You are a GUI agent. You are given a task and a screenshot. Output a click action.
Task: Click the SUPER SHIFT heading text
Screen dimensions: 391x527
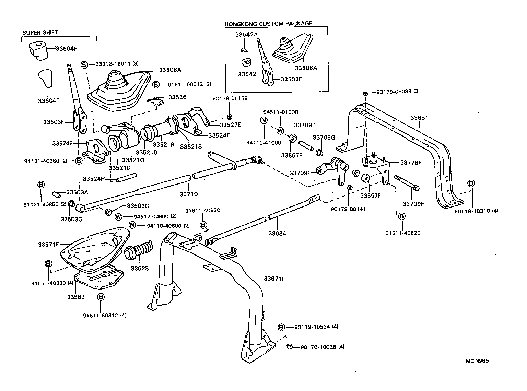(x=40, y=33)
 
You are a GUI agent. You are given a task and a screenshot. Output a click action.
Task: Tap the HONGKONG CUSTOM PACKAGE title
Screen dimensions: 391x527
(x=268, y=24)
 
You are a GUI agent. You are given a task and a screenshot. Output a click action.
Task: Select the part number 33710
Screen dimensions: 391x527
(x=188, y=194)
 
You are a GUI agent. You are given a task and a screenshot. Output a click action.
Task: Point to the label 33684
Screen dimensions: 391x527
(x=277, y=234)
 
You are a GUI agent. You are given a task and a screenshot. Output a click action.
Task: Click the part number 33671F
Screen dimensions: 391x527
(x=274, y=279)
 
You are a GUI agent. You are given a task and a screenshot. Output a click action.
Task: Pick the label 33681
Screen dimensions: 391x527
(x=419, y=117)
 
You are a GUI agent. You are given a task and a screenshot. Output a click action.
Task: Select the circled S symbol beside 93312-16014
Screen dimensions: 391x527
(x=84, y=64)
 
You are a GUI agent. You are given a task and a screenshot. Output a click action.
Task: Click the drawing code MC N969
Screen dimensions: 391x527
(x=477, y=361)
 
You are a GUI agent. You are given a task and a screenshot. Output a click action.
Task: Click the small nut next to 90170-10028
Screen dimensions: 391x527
(x=289, y=347)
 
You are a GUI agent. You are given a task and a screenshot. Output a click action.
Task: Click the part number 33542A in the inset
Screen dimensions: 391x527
(x=246, y=35)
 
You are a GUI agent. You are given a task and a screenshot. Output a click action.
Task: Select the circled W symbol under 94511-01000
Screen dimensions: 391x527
(x=280, y=130)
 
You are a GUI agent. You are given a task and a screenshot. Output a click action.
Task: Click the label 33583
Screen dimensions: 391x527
(x=75, y=296)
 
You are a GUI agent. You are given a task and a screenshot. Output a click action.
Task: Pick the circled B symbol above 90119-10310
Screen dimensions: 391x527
(x=471, y=183)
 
